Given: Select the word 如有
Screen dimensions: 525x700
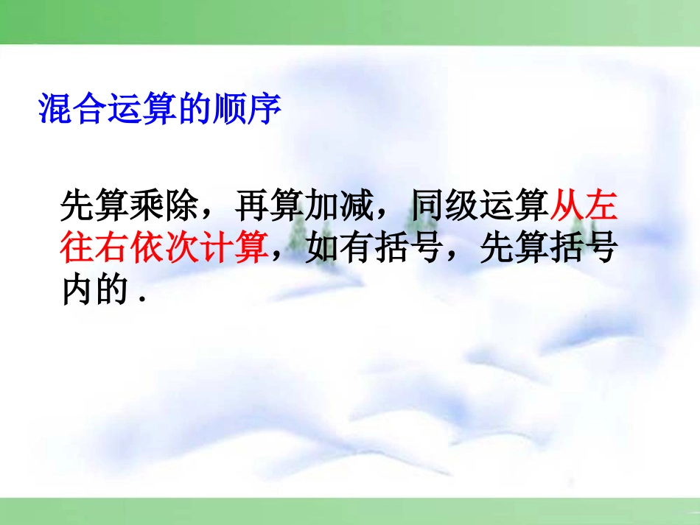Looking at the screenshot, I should pyautogui.click(x=336, y=248).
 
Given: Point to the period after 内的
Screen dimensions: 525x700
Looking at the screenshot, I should pyautogui.click(x=139, y=299).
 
